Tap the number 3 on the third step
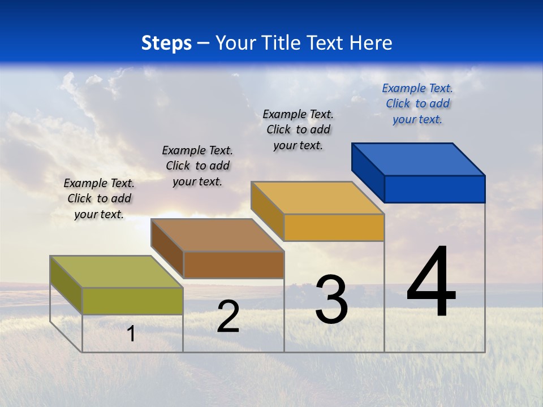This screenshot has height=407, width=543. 331,300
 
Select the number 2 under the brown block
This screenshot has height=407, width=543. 228,317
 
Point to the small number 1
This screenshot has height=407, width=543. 131,334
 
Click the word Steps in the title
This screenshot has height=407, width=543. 166,43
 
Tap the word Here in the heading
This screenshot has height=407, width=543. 371,43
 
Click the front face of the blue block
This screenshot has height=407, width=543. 434,189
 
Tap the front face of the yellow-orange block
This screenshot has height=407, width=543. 334,227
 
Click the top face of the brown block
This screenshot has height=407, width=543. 217,235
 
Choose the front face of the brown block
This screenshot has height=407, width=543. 234,265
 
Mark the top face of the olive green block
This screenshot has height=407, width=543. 117,272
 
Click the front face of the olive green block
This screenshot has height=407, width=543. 132,301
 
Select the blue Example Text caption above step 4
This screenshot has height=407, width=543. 417,103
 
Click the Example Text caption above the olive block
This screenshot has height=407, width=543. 99,198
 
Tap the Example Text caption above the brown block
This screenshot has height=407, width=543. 197,166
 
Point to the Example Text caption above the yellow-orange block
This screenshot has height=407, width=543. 298,129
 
